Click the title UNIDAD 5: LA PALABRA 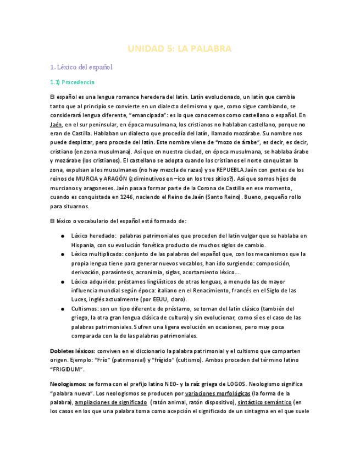[180, 49]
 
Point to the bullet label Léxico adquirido [90, 281]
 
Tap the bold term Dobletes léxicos [72, 351]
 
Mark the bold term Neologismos [68, 384]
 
